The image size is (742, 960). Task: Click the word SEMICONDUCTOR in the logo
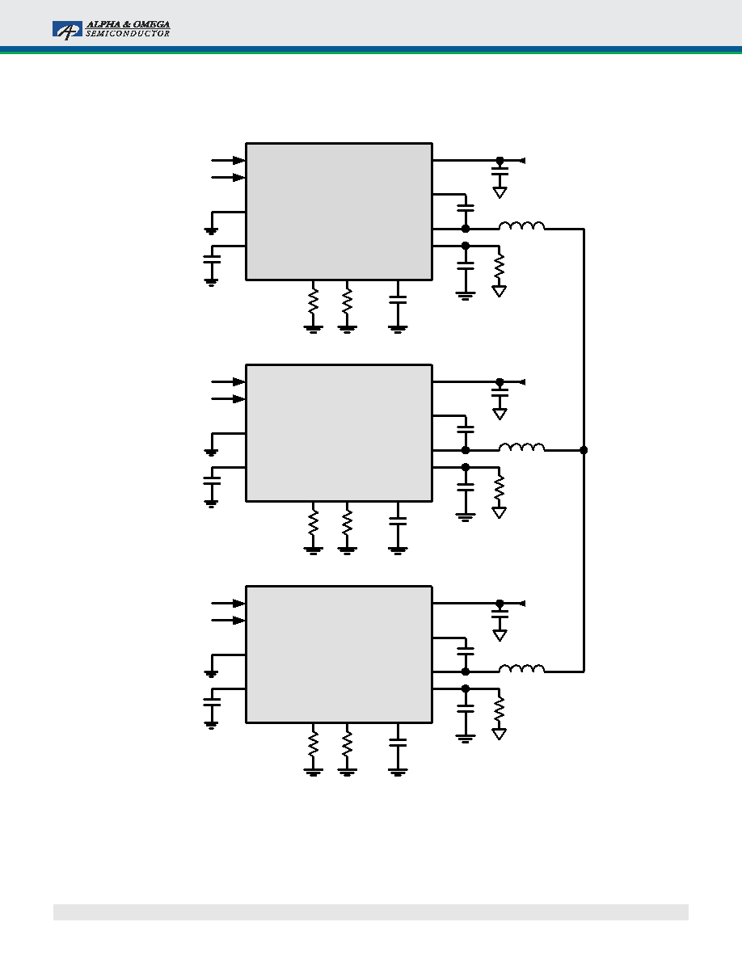(128, 34)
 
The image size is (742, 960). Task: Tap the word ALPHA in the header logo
(103, 24)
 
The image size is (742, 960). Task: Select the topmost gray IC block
(339, 212)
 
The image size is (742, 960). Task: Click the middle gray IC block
(339, 433)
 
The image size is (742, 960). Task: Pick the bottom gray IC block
(339, 655)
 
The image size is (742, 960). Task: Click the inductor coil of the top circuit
(521, 226)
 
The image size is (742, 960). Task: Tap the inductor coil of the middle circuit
(521, 447)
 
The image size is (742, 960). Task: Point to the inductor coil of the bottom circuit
(521, 668)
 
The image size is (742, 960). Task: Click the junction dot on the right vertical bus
(584, 450)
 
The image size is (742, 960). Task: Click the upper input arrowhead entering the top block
(239, 161)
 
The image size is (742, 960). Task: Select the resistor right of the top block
(500, 267)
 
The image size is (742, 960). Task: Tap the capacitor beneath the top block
(398, 299)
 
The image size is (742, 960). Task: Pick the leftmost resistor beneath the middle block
(314, 524)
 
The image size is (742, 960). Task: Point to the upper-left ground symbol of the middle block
(211, 453)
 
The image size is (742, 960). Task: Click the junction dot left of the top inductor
(466, 229)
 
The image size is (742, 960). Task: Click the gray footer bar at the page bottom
(371, 912)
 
